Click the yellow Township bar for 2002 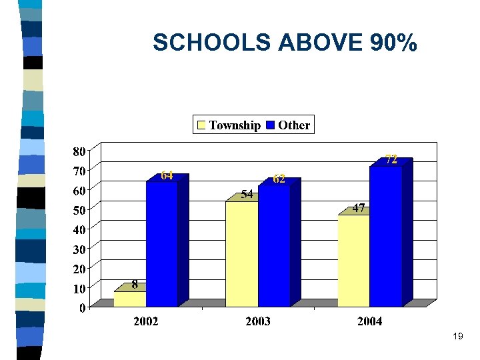coord(130,299)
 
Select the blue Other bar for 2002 coord(162,243)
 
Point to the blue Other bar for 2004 coord(386,236)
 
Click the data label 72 coord(391,159)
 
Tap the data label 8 coord(135,285)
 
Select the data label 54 coord(247,195)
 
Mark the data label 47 coord(359,208)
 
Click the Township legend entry coord(229,125)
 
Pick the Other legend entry coord(288,125)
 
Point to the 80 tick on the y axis coord(79,151)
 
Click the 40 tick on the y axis coord(79,229)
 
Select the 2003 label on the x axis coord(258,322)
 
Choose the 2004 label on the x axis coord(369,322)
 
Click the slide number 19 coord(457,337)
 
